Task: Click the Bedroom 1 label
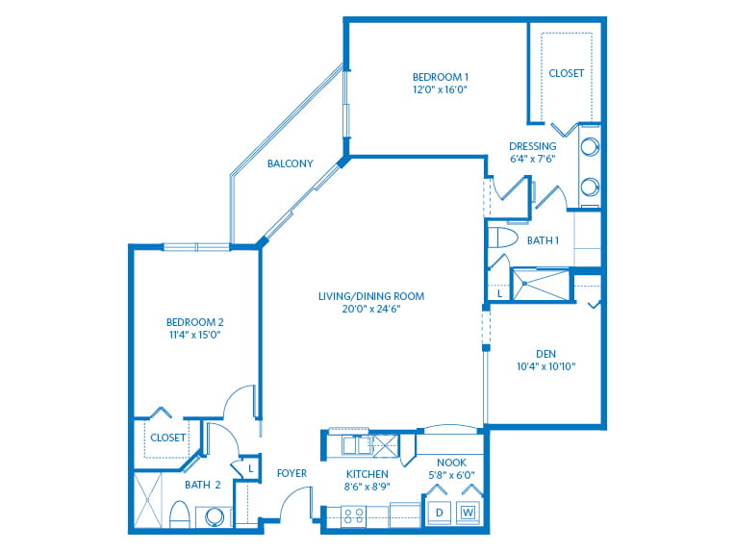(441, 77)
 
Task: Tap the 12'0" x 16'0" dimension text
(441, 89)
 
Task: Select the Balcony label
(291, 163)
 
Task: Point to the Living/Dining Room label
(371, 296)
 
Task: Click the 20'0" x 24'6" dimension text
(371, 309)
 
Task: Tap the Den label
(546, 354)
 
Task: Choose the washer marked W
(468, 513)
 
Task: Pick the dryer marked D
(440, 513)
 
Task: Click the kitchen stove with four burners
(354, 515)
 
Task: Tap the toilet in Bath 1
(502, 238)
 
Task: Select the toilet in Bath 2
(179, 514)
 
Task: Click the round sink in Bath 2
(215, 516)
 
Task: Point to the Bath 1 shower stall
(541, 284)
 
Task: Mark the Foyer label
(291, 473)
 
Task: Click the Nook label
(451, 463)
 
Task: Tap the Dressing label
(533, 146)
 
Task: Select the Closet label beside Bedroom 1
(567, 73)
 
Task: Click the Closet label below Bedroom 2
(167, 438)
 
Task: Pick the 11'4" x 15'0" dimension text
(195, 335)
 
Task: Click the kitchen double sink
(357, 445)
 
